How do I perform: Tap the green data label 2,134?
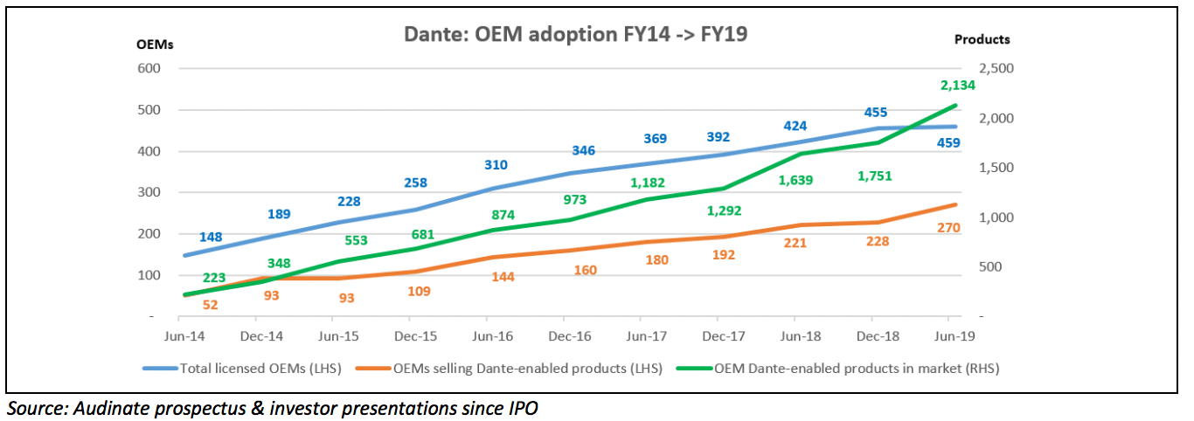(x=957, y=86)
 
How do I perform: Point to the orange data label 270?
(x=948, y=228)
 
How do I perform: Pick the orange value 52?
(x=210, y=305)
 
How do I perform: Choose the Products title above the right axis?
(x=982, y=39)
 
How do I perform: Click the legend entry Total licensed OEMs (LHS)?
(x=260, y=369)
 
